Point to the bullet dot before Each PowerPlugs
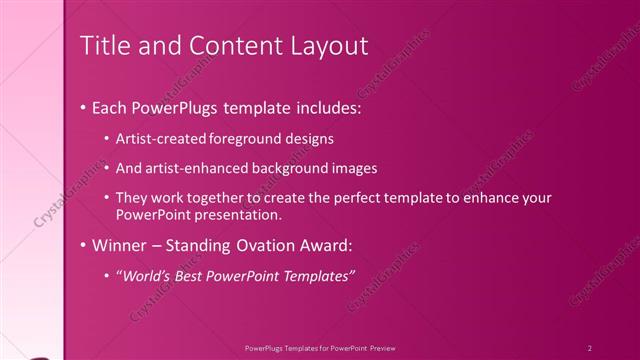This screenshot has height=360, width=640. pyautogui.click(x=82, y=107)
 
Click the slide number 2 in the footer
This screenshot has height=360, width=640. pyautogui.click(x=590, y=347)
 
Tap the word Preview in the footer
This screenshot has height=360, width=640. pyautogui.click(x=393, y=347)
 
